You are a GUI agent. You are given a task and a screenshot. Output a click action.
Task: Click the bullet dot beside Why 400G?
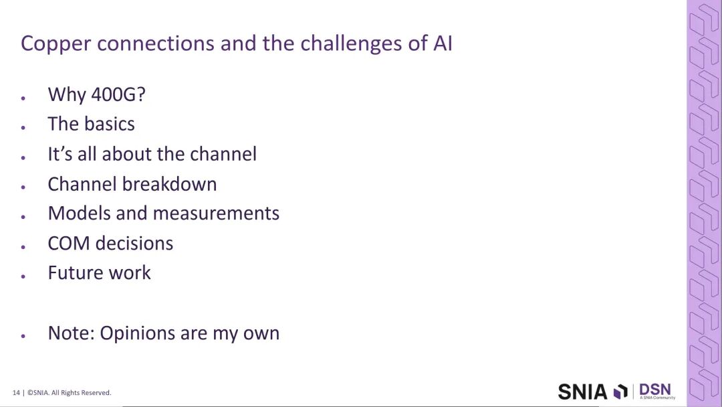click(x=23, y=98)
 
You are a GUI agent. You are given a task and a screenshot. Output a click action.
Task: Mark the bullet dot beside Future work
click(x=23, y=276)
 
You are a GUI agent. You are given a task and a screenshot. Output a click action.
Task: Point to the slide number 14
click(x=16, y=393)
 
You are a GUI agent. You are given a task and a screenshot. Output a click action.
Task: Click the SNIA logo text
click(x=583, y=392)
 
